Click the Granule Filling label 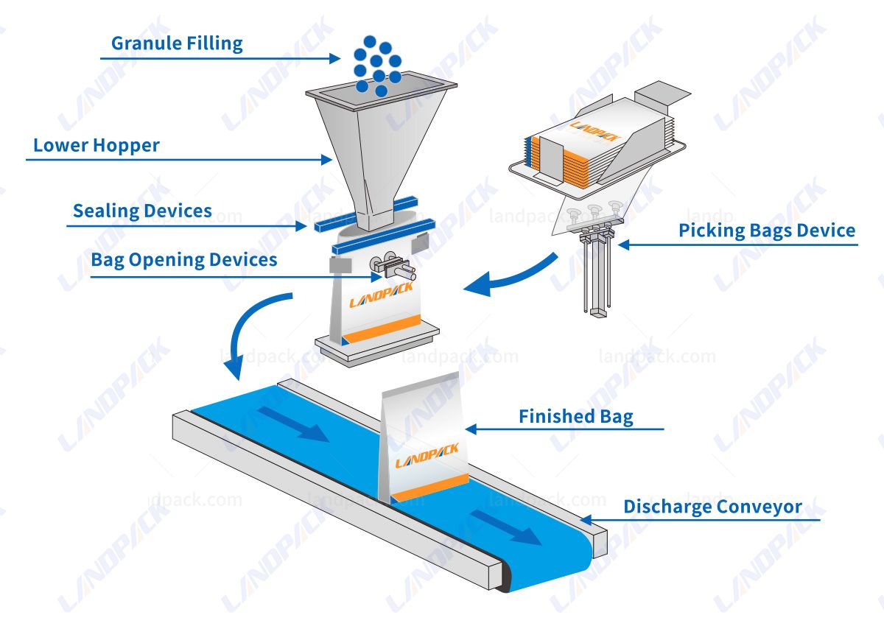tap(177, 43)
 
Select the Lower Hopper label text tap(96, 146)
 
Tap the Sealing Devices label tap(142, 211)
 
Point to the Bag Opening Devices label tap(183, 260)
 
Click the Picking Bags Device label tap(766, 231)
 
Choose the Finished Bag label tap(575, 417)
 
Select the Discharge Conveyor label tap(712, 507)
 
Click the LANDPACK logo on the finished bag tap(427, 455)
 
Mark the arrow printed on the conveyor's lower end tap(508, 527)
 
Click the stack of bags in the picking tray tap(567, 151)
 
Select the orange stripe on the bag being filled tap(383, 328)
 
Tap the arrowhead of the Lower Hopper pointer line tap(327, 158)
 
